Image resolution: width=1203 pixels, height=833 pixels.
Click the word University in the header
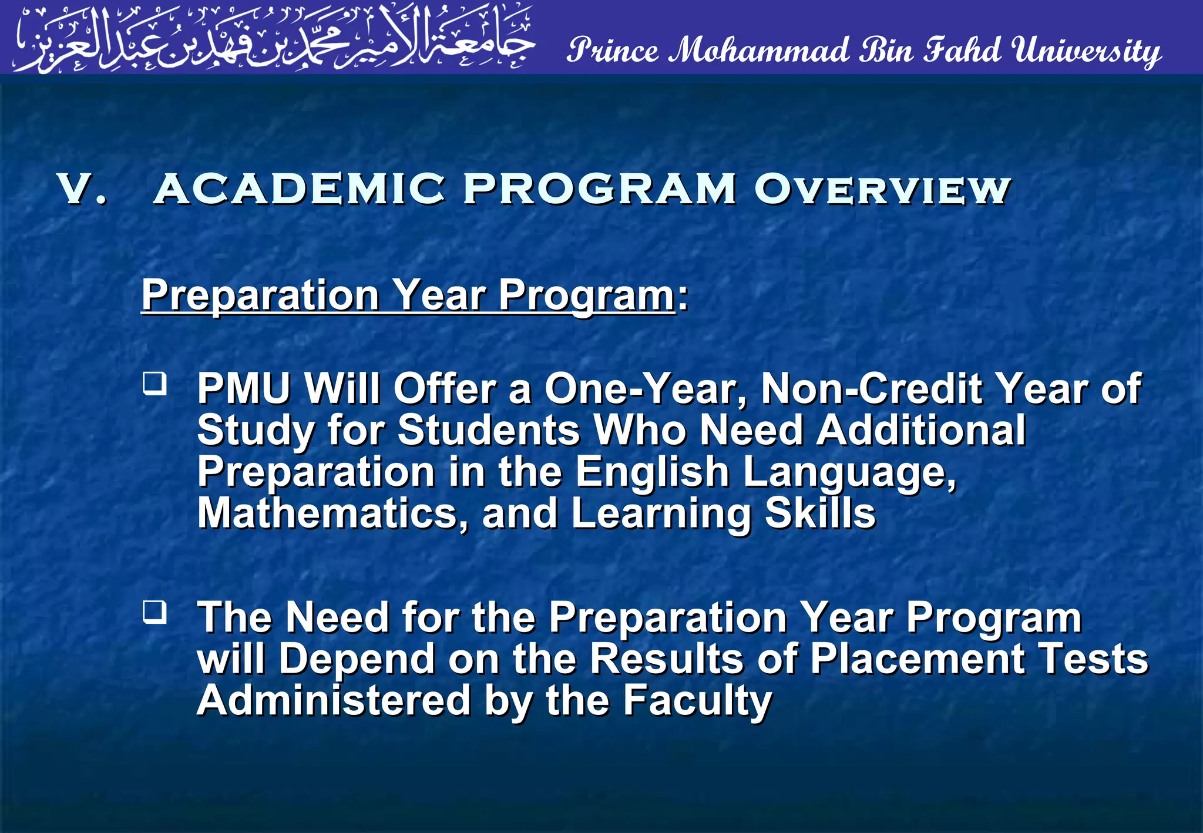click(x=1087, y=51)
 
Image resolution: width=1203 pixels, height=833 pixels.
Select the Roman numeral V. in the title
click(x=82, y=190)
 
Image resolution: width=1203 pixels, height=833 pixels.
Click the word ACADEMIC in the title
click(x=300, y=190)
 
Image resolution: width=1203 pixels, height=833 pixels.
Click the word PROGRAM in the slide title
click(x=599, y=190)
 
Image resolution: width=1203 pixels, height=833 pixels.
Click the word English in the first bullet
click(x=652, y=472)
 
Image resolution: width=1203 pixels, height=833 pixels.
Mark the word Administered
click(x=334, y=701)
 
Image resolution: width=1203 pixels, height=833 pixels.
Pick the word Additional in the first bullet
click(x=921, y=430)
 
